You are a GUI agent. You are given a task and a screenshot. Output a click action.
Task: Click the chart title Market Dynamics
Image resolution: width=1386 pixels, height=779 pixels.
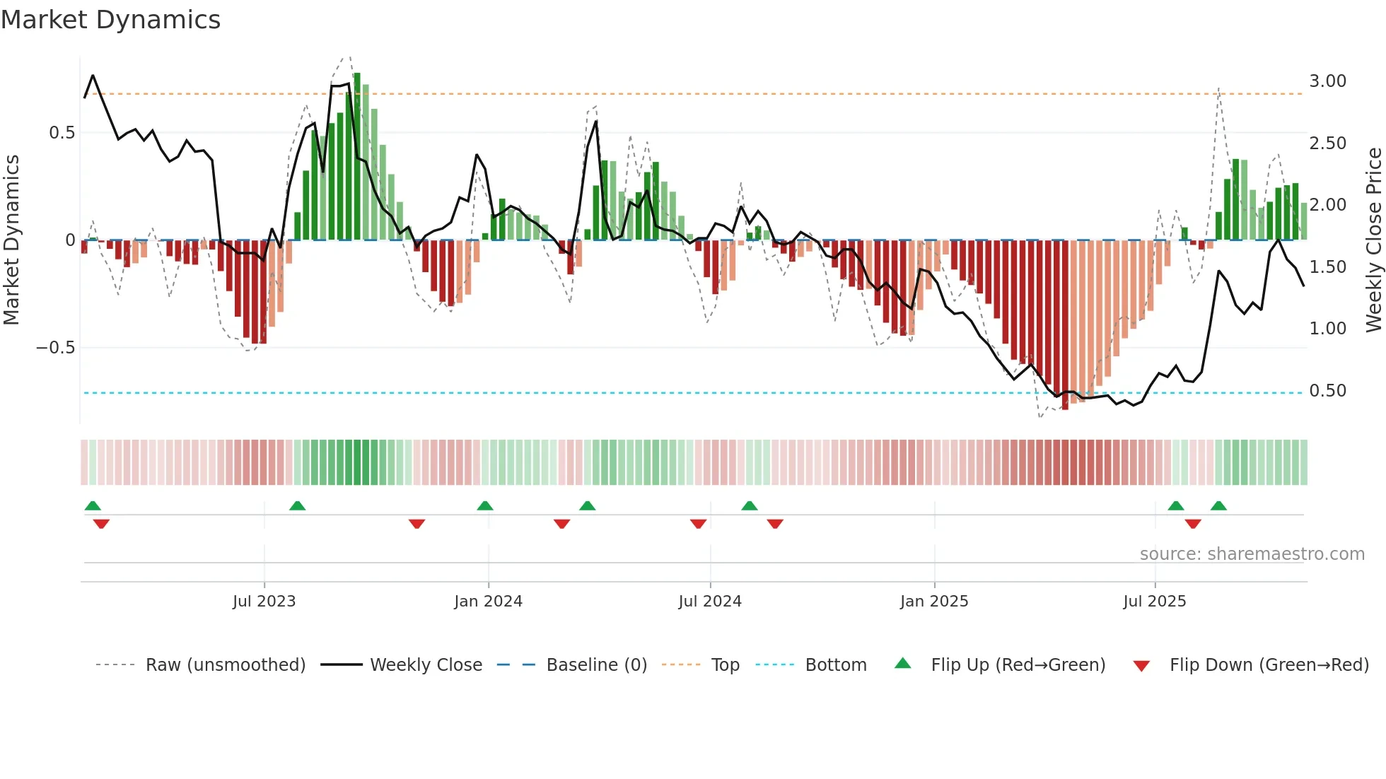coord(110,20)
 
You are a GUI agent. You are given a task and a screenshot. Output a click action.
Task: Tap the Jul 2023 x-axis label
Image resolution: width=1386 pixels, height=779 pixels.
coord(264,602)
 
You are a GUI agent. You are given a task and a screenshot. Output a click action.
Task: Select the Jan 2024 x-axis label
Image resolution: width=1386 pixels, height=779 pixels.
coord(488,602)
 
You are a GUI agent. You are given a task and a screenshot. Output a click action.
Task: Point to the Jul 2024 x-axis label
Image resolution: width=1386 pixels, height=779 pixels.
coord(710,602)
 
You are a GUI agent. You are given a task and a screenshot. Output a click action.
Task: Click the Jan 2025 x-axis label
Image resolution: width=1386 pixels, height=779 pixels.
coord(934,602)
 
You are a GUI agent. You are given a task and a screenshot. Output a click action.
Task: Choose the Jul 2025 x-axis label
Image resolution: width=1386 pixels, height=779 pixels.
coord(1155,602)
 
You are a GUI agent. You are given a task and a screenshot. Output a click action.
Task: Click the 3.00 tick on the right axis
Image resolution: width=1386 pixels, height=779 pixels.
coord(1327,81)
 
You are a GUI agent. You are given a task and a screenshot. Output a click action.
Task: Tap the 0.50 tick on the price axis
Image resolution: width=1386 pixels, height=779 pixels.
coord(1327,391)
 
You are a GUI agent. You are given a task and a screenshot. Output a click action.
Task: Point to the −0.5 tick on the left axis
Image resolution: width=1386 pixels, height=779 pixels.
coord(55,348)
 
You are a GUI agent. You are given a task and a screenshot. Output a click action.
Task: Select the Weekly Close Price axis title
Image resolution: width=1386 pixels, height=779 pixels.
coord(1373,240)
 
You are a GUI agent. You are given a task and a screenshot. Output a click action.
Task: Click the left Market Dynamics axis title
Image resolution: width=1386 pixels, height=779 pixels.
coord(11,240)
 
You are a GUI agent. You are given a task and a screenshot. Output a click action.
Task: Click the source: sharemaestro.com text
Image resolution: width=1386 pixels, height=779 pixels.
coord(1252,554)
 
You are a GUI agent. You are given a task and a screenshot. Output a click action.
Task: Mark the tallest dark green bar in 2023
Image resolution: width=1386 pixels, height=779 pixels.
coord(357,156)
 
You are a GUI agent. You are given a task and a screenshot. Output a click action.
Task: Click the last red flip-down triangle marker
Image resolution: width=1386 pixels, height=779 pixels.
coord(1193,524)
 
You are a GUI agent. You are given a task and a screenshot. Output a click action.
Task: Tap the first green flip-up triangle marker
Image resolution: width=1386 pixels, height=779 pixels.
coord(93,505)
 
